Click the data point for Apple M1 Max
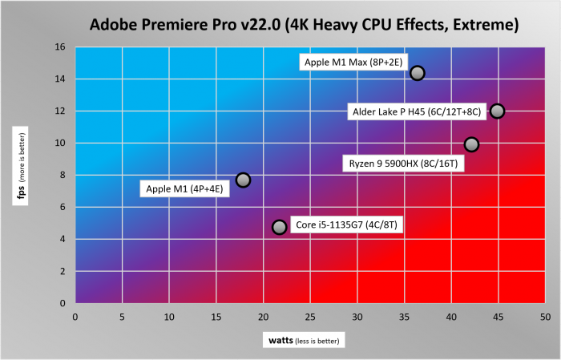[x=417, y=73]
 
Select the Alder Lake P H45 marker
[x=497, y=111]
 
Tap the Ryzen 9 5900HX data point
[x=471, y=144]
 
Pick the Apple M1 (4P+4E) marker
[x=244, y=180]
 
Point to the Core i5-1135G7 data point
[x=279, y=227]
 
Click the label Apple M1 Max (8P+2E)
[x=351, y=61]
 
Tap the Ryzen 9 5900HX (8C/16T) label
[x=402, y=164]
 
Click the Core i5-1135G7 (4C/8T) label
[x=346, y=225]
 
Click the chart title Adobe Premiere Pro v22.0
[x=304, y=25]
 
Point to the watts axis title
[x=302, y=341]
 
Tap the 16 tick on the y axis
[x=59, y=47]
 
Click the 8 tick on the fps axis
[x=62, y=176]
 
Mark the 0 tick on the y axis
[x=62, y=304]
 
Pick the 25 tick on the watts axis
[x=310, y=318]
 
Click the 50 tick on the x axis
[x=544, y=318]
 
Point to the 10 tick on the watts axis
[x=169, y=318]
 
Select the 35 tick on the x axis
[x=404, y=318]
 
